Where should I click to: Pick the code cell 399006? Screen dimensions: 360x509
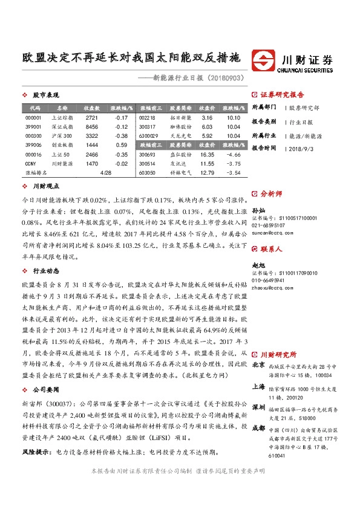[34, 146]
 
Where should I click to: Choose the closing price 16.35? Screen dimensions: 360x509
[207, 155]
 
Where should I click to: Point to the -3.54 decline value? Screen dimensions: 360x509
[232, 173]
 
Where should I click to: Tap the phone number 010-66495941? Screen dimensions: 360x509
[269, 280]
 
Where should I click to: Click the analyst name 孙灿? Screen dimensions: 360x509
[258, 207]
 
